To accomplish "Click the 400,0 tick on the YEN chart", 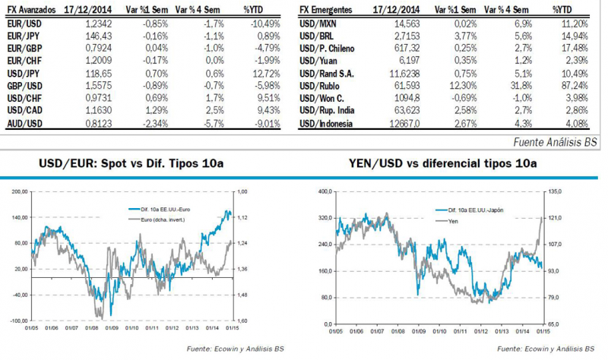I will (x=326, y=192).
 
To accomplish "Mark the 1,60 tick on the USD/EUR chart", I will (x=242, y=321).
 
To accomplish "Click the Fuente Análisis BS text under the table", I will (x=556, y=141).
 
